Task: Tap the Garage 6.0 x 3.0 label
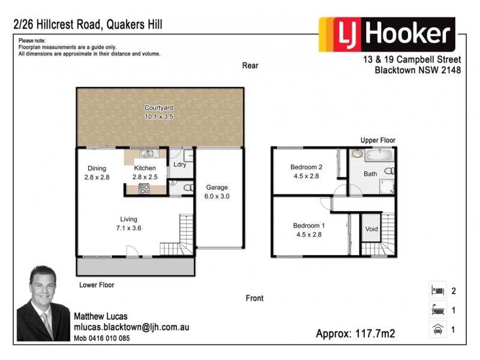tap(217, 191)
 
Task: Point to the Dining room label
tap(97, 173)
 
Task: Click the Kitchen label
tap(145, 173)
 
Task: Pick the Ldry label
tap(179, 164)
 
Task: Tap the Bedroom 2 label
tap(307, 172)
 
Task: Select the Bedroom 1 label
tap(308, 230)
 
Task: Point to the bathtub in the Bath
tap(378, 157)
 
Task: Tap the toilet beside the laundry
tap(185, 188)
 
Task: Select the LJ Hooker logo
tap(387, 35)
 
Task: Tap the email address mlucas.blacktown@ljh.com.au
tap(131, 328)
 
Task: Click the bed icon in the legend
tap(436, 291)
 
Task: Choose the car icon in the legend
tap(436, 329)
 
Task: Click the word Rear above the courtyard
tap(250, 65)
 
